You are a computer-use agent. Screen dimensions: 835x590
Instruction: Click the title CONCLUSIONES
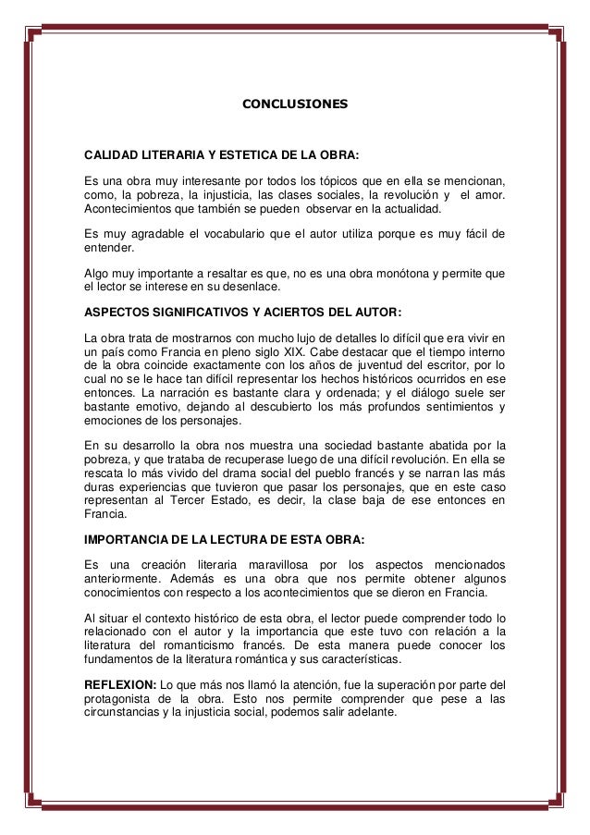[295, 107]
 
